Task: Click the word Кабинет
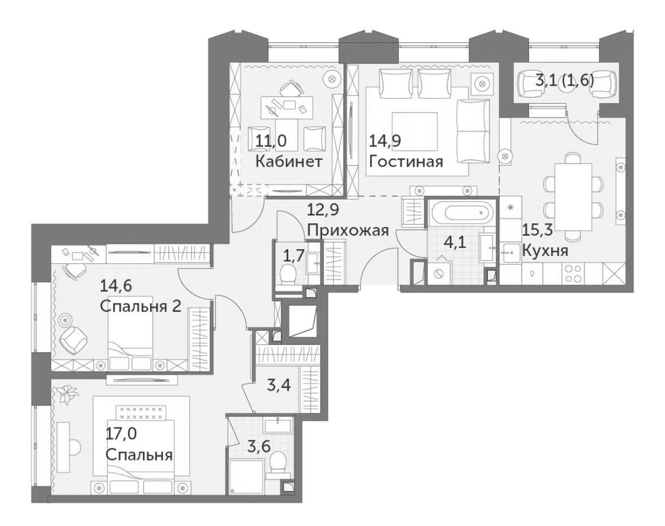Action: click(x=289, y=161)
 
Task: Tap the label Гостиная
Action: click(x=406, y=161)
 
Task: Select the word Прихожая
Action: click(x=348, y=231)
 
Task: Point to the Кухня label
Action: click(x=545, y=251)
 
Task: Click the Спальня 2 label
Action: click(x=140, y=306)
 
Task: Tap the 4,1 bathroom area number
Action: click(x=455, y=243)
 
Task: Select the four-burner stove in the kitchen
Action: click(x=573, y=273)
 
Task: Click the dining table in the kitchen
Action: click(x=573, y=196)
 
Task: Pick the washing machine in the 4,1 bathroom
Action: click(x=438, y=274)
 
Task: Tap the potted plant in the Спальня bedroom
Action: click(x=68, y=394)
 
